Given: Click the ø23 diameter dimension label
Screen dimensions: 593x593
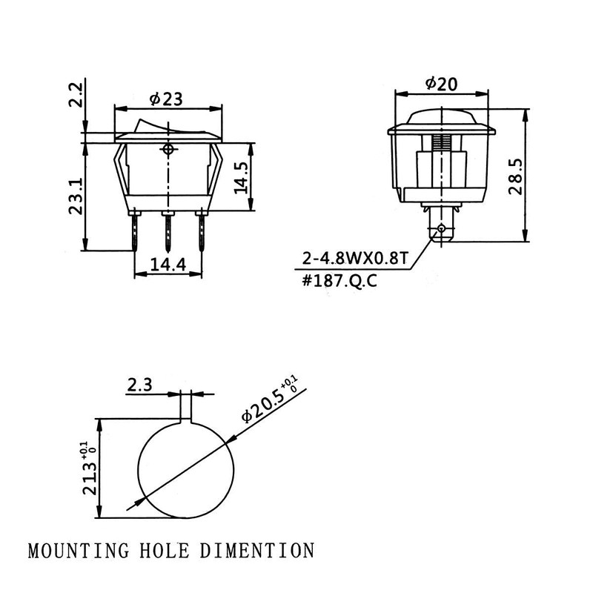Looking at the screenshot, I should (x=167, y=98).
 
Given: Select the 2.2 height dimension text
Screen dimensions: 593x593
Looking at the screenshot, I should (x=76, y=95).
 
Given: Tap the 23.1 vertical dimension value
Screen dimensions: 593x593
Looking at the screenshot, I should (x=76, y=195).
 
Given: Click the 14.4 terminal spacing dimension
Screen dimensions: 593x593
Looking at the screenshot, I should (x=168, y=265).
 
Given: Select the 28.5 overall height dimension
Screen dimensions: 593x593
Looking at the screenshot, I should (x=515, y=176).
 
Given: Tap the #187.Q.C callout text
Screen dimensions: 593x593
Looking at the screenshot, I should (x=334, y=282).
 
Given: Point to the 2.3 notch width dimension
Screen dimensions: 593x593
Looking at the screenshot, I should (x=142, y=385).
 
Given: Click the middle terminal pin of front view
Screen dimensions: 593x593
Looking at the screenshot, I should (x=169, y=231).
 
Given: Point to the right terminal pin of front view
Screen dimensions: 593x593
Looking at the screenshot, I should (x=200, y=231).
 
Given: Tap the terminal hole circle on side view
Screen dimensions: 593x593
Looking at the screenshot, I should (x=442, y=228).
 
